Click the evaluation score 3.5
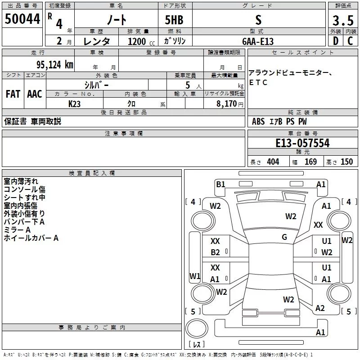(x=342, y=20)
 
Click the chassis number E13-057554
(x=302, y=143)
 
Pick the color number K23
(x=75, y=104)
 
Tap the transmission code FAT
(x=13, y=94)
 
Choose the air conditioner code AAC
(x=35, y=94)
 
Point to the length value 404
(x=273, y=162)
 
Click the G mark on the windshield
(x=284, y=237)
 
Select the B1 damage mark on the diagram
(x=220, y=184)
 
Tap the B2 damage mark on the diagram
(x=216, y=252)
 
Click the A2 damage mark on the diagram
(x=320, y=308)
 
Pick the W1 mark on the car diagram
(x=194, y=276)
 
